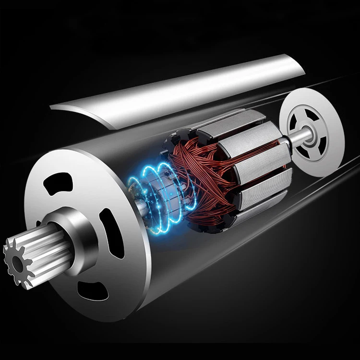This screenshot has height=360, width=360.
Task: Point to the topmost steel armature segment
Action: (226, 127)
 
